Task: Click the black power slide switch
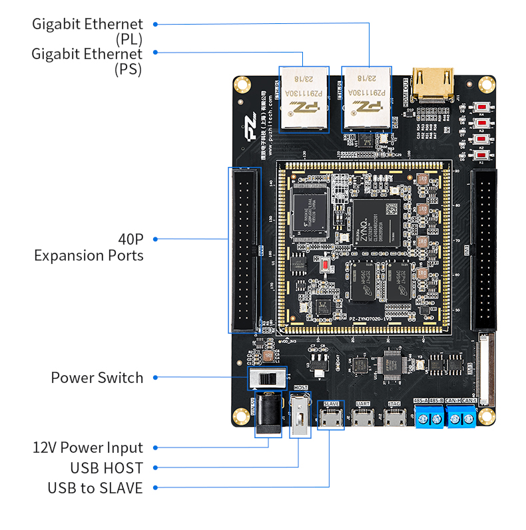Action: [267, 380]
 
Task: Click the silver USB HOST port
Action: [300, 416]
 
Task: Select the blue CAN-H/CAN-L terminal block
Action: [461, 416]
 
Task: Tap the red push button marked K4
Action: [481, 106]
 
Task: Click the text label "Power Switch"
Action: [97, 378]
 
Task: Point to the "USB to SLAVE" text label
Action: [95, 488]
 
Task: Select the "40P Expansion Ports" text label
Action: [89, 247]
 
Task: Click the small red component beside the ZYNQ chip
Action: [325, 265]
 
